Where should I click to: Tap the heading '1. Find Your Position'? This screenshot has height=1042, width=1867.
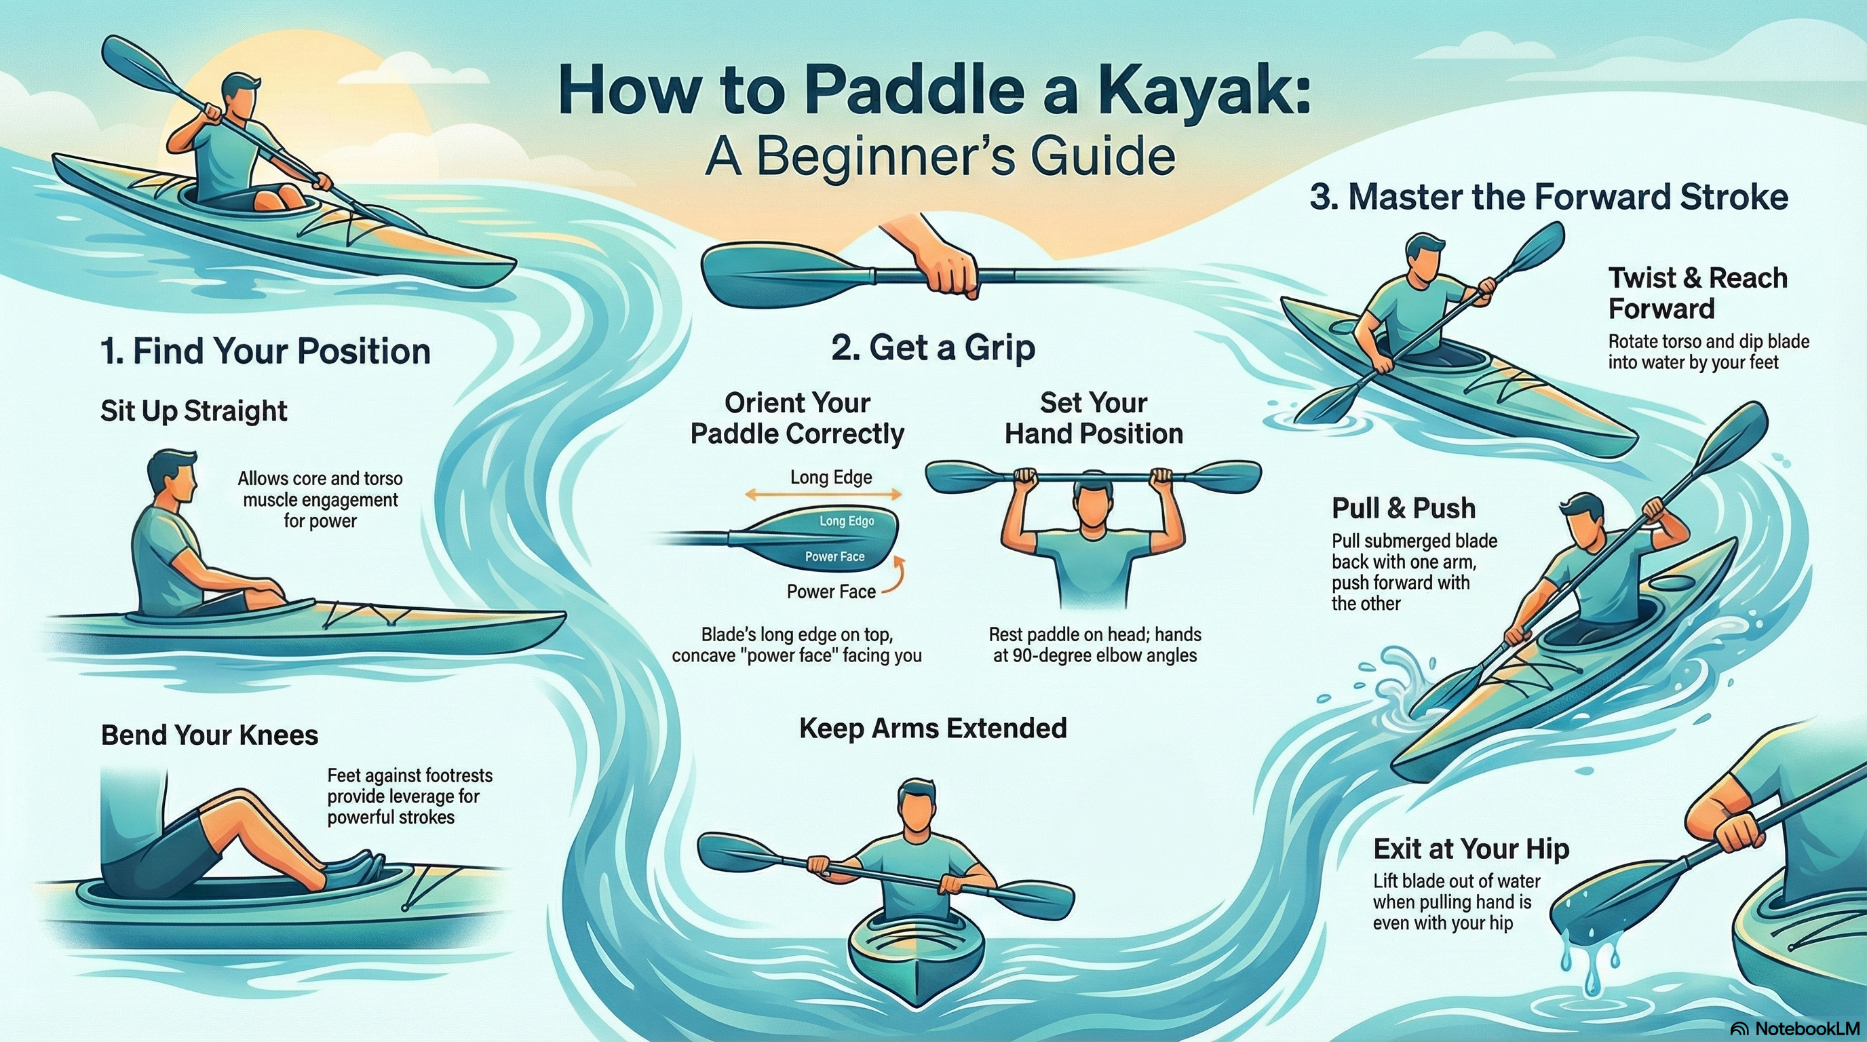point(265,351)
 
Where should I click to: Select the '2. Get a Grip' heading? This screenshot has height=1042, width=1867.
point(933,348)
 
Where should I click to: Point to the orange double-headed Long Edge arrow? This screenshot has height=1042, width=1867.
point(824,496)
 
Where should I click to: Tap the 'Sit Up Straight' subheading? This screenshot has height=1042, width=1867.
point(193,411)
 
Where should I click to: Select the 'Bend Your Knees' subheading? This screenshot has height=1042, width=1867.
point(210,735)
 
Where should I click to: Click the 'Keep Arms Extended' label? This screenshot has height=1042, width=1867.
point(933,728)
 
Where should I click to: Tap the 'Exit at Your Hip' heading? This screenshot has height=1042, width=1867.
point(1471,849)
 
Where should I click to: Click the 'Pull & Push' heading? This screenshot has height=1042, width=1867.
point(1403,508)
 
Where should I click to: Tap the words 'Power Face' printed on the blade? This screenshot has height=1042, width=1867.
point(835,556)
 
